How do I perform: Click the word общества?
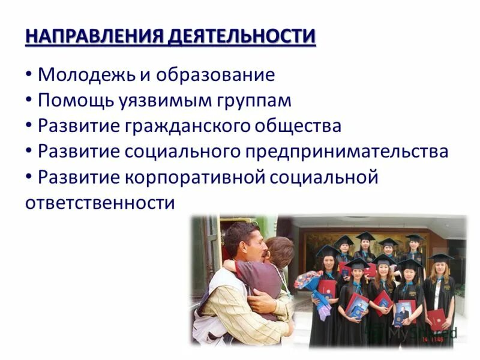(300, 126)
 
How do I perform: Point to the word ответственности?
(100, 202)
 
